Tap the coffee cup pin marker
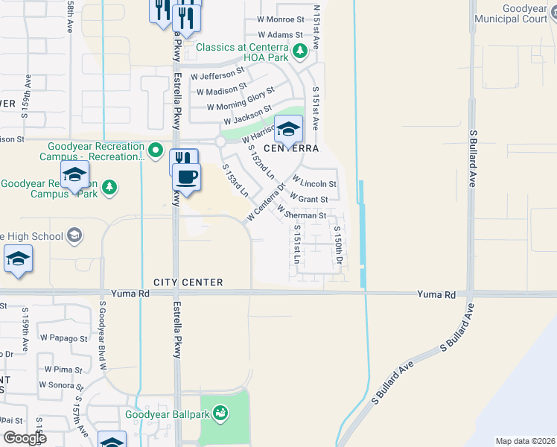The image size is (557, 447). (x=186, y=177)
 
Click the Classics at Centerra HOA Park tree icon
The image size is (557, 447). (x=299, y=51)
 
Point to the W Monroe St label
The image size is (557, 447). (x=280, y=20)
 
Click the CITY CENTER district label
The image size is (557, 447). (x=188, y=282)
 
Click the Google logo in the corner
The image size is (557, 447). (x=25, y=437)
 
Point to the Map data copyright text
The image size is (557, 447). (x=524, y=441)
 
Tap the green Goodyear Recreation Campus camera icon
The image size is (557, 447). (x=156, y=151)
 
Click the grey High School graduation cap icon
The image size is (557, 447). (x=74, y=235)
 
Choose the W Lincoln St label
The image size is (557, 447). (x=314, y=183)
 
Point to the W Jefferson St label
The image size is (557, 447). (x=217, y=74)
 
